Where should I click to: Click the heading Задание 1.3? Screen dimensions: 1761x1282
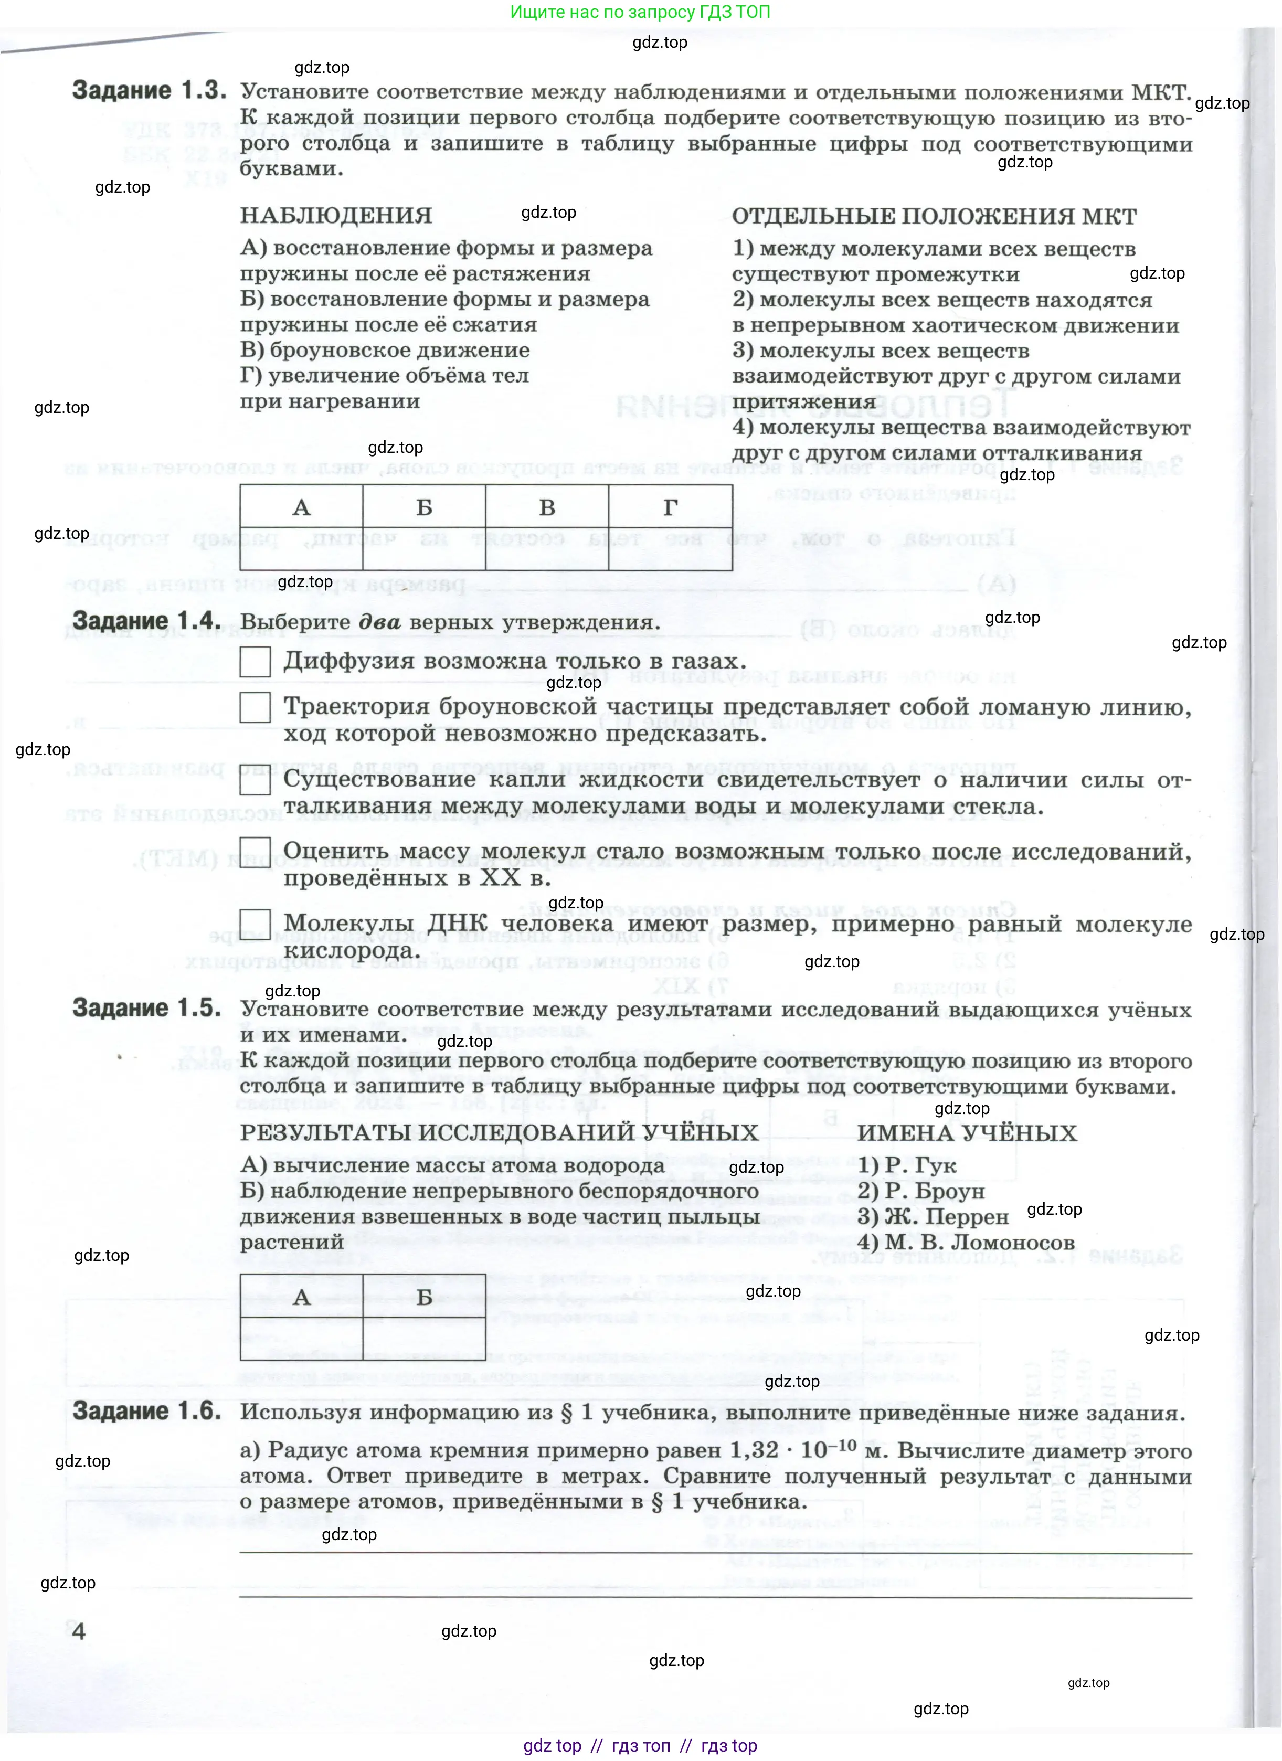click(149, 91)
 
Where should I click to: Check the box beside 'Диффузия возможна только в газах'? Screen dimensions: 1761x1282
click(255, 662)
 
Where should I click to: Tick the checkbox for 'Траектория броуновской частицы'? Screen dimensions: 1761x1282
click(255, 707)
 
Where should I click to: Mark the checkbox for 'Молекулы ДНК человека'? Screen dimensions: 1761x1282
click(255, 924)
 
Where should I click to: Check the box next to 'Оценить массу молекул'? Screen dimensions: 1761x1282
click(255, 852)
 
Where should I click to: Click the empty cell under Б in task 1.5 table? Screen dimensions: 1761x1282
click(424, 1338)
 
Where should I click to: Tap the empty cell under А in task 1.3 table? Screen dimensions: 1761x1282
click(301, 549)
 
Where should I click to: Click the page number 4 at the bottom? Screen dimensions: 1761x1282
click(78, 1630)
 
